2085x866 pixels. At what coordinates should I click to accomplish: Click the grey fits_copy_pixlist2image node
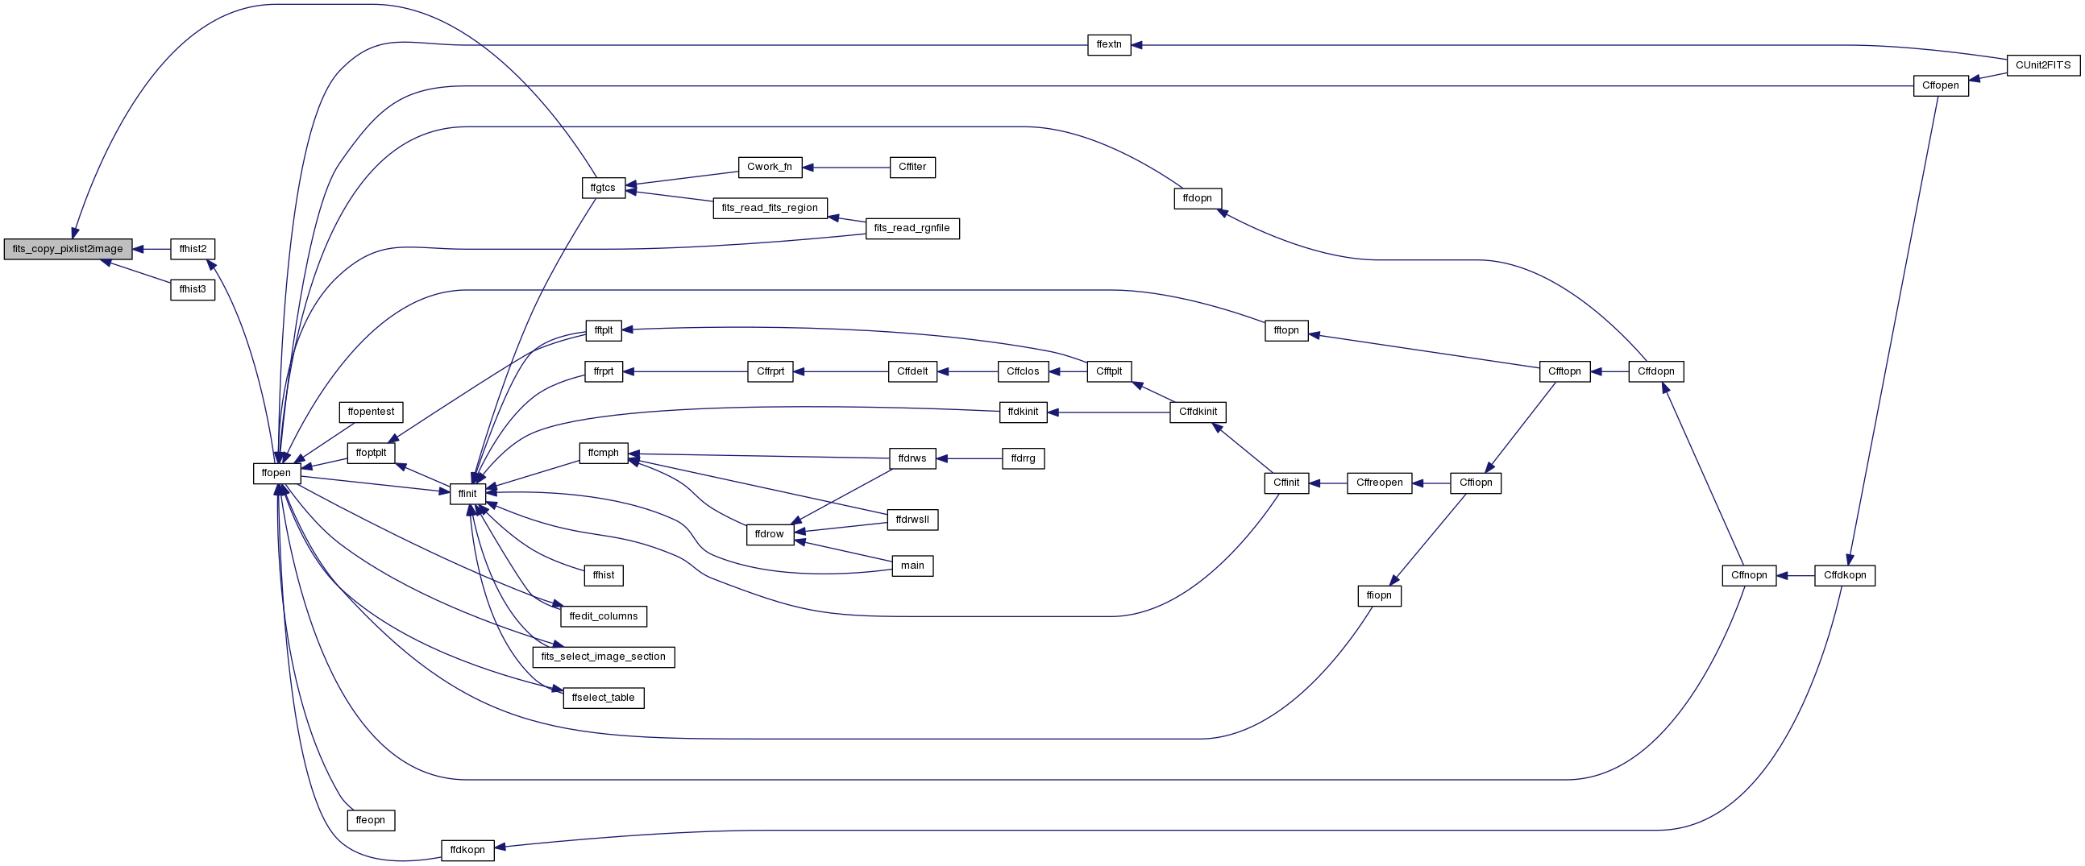click(x=68, y=249)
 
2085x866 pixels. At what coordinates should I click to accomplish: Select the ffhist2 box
click(x=193, y=249)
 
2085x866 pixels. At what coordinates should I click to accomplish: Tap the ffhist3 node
click(x=193, y=290)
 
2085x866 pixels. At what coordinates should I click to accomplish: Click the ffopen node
click(x=276, y=474)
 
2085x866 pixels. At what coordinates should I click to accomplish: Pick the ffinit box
click(x=467, y=494)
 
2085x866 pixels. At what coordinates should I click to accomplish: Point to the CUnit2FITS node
click(x=2043, y=65)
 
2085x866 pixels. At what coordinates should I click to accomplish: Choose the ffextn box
click(x=1109, y=45)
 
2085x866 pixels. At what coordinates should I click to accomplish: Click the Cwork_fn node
click(x=770, y=168)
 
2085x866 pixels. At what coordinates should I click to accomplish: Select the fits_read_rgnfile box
click(x=912, y=229)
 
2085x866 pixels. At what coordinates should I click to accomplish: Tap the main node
click(x=912, y=566)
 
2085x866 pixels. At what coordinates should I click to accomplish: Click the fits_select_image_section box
click(x=604, y=657)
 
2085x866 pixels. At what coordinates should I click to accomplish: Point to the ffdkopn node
click(x=467, y=851)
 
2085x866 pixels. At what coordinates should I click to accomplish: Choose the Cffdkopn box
click(x=1845, y=576)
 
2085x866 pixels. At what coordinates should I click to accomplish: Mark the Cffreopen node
click(x=1380, y=483)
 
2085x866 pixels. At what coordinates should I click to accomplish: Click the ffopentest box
click(x=372, y=412)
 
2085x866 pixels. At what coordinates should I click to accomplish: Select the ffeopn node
click(x=371, y=821)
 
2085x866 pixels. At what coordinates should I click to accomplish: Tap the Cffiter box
click(x=912, y=168)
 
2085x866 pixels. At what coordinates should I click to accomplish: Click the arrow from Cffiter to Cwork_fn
click(x=845, y=168)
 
